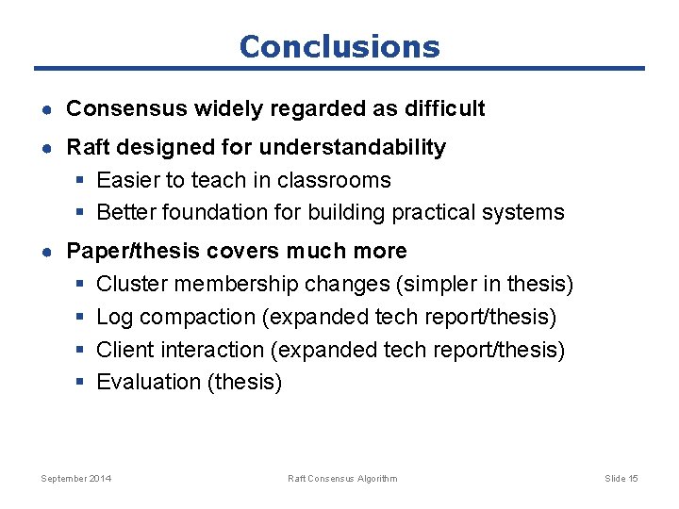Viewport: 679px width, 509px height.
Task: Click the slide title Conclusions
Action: [x=339, y=46]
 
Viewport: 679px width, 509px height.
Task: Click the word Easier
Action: [x=127, y=180]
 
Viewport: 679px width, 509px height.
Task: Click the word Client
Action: [x=125, y=350]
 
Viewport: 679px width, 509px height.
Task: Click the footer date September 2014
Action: [x=75, y=479]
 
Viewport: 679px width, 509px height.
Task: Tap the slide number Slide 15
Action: [x=621, y=479]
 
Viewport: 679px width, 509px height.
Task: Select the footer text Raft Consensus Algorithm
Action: [x=342, y=479]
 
